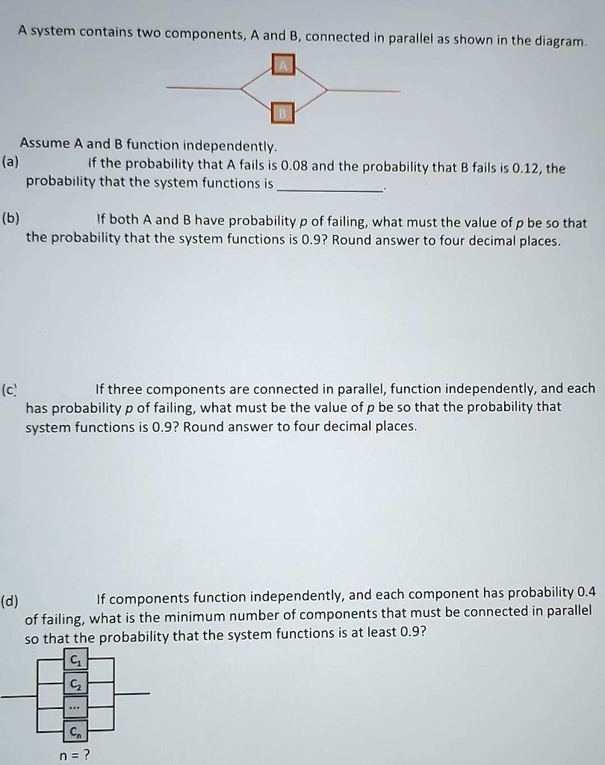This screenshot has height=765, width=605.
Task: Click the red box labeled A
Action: (x=283, y=66)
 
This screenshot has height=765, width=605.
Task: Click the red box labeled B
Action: (x=283, y=112)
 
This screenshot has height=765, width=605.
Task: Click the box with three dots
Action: (x=74, y=706)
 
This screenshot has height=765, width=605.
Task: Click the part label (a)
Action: (x=11, y=161)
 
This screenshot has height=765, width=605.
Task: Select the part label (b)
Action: (x=11, y=218)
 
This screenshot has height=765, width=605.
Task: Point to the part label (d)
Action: (x=11, y=600)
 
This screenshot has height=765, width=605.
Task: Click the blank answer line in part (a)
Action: (x=329, y=191)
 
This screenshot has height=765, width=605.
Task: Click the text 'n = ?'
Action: (x=75, y=754)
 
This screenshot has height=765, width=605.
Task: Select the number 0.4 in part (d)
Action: (x=587, y=592)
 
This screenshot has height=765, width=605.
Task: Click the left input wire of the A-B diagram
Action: (x=202, y=88)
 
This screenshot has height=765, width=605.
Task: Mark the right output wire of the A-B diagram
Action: (x=364, y=90)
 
